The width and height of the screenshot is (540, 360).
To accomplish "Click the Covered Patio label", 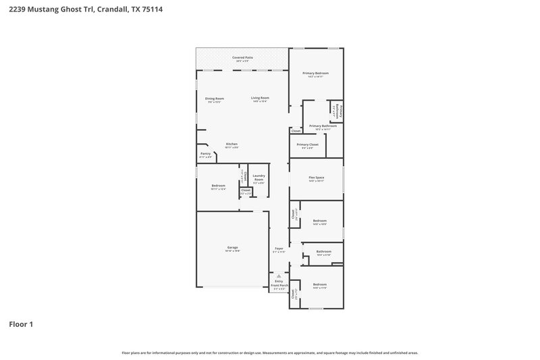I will pos(242,59).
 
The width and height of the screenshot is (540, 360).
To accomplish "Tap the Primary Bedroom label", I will pos(316,74).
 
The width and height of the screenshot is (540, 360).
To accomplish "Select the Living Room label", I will pos(260,99).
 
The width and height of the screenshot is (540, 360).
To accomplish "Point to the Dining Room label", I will pos(215,99).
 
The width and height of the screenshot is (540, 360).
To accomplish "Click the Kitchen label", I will pos(232,145).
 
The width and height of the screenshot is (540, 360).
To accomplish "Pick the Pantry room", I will pos(206,155).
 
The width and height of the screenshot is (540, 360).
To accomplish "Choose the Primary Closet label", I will pos(307,145).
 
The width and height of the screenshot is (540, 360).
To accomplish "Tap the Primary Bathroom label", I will pos(323,126).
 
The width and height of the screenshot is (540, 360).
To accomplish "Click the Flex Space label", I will pos(317,178).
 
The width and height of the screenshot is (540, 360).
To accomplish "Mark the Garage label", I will pos(232,248).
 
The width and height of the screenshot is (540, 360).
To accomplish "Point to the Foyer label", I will pos(279,249).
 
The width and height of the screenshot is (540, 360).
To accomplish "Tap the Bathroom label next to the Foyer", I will pos(323,253).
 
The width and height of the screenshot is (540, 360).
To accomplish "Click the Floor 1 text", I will pos(20,324).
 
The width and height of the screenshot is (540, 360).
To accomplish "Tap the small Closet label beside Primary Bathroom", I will pos(296,130).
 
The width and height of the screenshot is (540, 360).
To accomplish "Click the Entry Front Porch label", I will pos(279,284).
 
